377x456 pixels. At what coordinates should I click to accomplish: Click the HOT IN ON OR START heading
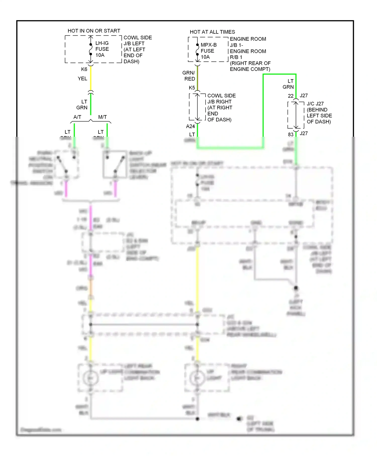(x=94, y=31)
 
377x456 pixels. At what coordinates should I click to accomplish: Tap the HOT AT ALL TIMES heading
(x=212, y=32)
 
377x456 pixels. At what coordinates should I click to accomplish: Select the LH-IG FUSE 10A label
(x=102, y=49)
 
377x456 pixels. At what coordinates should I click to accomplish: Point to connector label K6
(x=84, y=69)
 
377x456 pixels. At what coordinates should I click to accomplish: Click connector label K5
(x=192, y=87)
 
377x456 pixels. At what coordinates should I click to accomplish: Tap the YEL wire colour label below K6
(x=82, y=79)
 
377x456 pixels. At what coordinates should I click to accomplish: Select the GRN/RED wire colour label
(x=189, y=76)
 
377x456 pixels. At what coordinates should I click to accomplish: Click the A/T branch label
(x=77, y=117)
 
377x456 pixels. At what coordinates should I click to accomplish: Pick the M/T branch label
(x=102, y=117)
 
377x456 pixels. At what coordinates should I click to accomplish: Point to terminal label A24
(x=191, y=126)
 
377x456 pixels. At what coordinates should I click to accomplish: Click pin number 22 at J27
(x=291, y=96)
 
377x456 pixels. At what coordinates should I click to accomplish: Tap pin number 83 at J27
(x=291, y=134)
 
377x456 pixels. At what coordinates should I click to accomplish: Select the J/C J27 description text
(x=319, y=113)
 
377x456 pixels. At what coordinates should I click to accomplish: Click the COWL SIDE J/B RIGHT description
(x=221, y=108)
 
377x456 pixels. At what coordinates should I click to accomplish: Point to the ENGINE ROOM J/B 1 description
(x=250, y=54)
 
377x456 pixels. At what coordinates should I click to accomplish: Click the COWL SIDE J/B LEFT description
(x=137, y=50)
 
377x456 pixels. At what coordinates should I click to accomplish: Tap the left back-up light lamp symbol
(x=90, y=378)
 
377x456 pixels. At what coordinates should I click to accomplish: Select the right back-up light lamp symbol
(x=197, y=378)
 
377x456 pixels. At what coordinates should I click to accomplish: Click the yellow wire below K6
(x=91, y=78)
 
